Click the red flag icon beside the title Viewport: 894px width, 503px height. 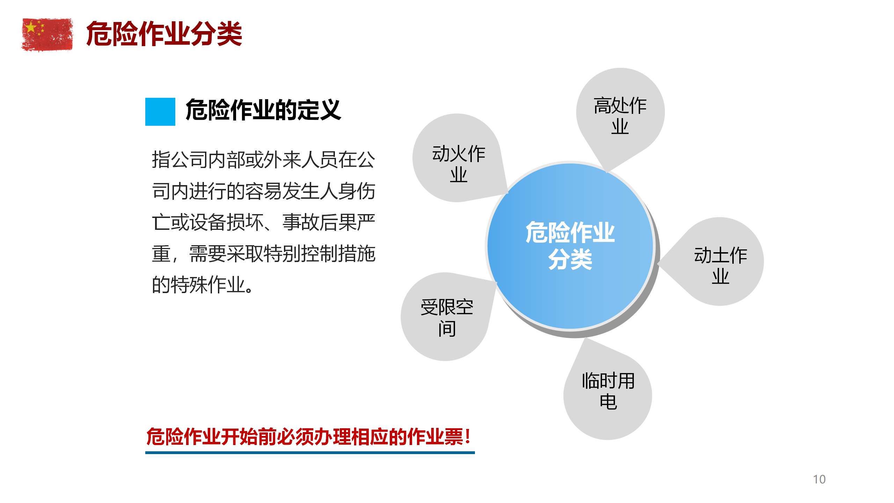[47, 35]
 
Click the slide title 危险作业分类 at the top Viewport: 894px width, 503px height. [164, 34]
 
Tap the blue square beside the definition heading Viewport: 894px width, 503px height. [160, 111]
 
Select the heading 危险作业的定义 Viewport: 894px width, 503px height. [263, 110]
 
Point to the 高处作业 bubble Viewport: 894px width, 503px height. [620, 115]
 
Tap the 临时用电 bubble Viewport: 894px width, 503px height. [608, 391]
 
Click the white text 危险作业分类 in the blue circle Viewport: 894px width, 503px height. [570, 246]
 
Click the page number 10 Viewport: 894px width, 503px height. [819, 479]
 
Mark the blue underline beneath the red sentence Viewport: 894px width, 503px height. [310, 453]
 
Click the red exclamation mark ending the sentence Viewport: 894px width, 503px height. [468, 437]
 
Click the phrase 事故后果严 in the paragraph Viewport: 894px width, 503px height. [329, 223]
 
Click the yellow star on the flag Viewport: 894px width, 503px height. [31, 27]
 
